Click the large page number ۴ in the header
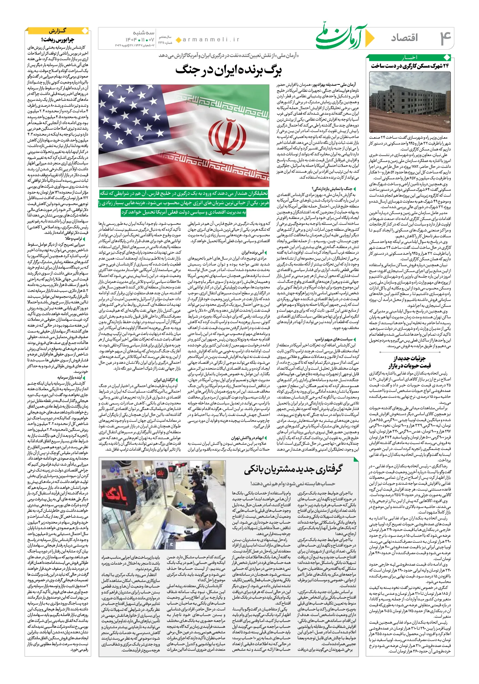(x=445, y=38)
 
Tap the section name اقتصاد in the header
(x=405, y=38)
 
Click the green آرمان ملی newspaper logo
(x=342, y=36)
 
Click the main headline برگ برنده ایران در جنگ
(x=228, y=70)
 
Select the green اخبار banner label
(x=409, y=57)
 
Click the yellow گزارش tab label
(x=58, y=31)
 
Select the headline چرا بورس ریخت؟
(x=58, y=40)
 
